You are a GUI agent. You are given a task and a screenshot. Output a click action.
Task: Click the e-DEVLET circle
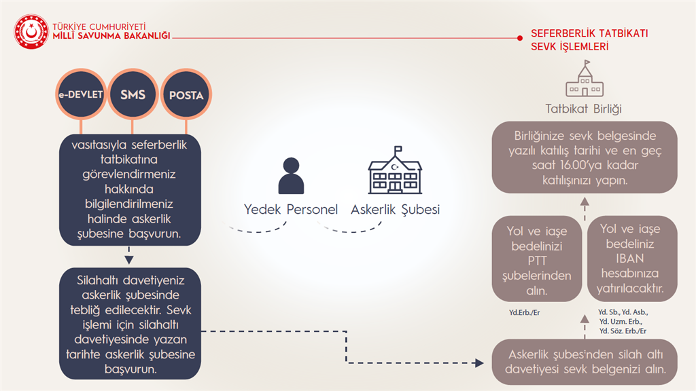pos(81,94)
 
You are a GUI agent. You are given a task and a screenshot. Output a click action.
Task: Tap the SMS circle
pos(133,94)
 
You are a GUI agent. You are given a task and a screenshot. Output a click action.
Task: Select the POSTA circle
pos(186,94)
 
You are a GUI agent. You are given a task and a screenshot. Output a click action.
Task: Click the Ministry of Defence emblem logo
pos(31,31)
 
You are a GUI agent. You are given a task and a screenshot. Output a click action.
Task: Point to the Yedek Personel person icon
pos(291,176)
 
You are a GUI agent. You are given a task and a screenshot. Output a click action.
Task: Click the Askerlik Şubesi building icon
pos(395,170)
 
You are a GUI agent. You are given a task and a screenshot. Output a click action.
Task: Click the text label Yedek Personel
pos(291,209)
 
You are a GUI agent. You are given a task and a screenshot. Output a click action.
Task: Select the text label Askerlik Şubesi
pos(395,209)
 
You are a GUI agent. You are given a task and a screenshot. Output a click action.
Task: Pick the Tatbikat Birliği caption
pos(583,109)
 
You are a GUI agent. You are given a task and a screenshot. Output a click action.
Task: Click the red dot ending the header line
pos(520,38)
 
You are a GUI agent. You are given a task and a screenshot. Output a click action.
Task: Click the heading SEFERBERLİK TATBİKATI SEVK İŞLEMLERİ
pos(589,40)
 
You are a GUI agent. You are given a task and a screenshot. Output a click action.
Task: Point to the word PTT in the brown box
pos(537,261)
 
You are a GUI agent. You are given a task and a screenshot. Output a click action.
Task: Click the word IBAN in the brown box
pos(629,259)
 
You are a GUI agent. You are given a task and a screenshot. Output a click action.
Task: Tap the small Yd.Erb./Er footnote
pos(524,312)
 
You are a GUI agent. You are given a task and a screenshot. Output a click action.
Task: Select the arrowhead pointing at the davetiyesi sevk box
pos(479,363)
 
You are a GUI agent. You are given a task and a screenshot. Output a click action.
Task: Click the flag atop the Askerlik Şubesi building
pos(398,149)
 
